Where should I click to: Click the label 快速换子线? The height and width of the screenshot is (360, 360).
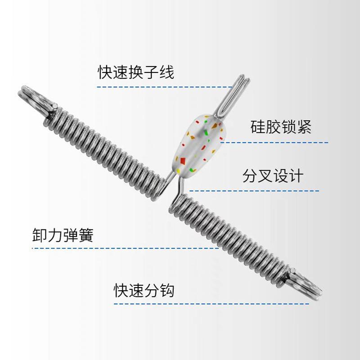pyautogui.click(x=136, y=72)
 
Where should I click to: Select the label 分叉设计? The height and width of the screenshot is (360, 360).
pyautogui.click(x=273, y=175)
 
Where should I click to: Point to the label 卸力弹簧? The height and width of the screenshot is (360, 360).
pyautogui.click(x=63, y=235)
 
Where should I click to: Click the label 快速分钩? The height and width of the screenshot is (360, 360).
pyautogui.click(x=144, y=290)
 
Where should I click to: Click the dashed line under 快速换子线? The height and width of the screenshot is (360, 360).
pyautogui.click(x=166, y=86)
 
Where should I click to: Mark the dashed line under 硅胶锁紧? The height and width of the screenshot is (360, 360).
pyautogui.click(x=274, y=142)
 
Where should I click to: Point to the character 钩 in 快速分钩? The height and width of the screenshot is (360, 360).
pyautogui.click(x=166, y=290)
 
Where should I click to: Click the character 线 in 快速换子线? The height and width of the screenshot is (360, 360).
pyautogui.click(x=166, y=72)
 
